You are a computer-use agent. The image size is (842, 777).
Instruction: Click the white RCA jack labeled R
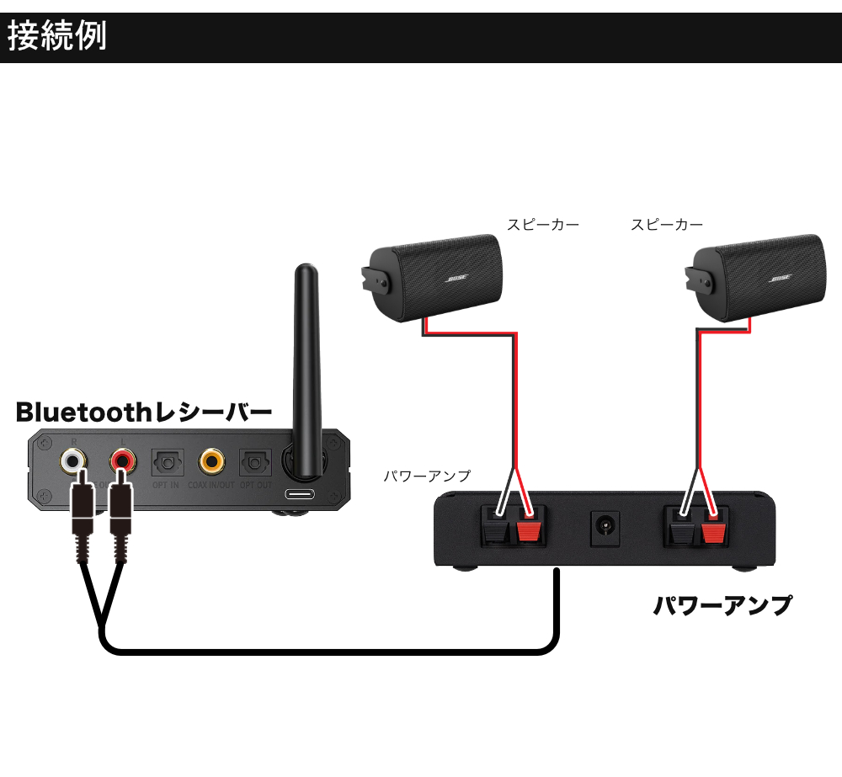pyautogui.click(x=72, y=460)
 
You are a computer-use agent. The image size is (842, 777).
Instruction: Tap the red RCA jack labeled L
pyautogui.click(x=123, y=460)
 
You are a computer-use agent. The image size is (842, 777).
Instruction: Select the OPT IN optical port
pyautogui.click(x=164, y=462)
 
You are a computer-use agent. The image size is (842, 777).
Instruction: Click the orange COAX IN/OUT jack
pyautogui.click(x=211, y=460)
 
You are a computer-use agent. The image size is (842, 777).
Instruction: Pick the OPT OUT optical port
pyautogui.click(x=253, y=462)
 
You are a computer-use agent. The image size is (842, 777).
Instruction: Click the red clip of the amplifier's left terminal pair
pyautogui.click(x=528, y=530)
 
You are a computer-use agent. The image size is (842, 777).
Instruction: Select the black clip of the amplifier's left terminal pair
pyautogui.click(x=491, y=530)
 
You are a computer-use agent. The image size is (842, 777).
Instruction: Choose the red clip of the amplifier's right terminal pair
pyautogui.click(x=714, y=530)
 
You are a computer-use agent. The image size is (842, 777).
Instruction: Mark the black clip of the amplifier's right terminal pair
pyautogui.click(x=679, y=530)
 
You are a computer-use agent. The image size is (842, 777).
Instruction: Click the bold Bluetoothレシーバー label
pyautogui.click(x=144, y=412)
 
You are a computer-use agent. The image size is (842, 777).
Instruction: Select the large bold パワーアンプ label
pyautogui.click(x=722, y=605)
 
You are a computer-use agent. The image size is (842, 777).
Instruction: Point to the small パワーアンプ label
pyautogui.click(x=427, y=476)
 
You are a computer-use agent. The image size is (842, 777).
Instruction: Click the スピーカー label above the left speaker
pyautogui.click(x=542, y=225)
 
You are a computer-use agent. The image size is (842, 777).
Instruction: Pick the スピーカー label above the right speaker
pyautogui.click(x=667, y=225)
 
